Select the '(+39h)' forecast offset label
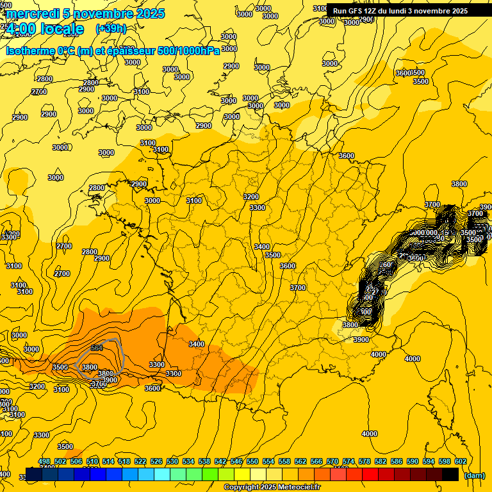click(x=111, y=29)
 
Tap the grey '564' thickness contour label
click(x=97, y=348)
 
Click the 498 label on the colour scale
click(x=44, y=461)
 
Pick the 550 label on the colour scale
click(x=252, y=461)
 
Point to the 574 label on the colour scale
click(x=348, y=461)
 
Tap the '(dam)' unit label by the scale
click(x=474, y=475)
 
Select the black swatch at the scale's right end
click(x=450, y=474)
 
